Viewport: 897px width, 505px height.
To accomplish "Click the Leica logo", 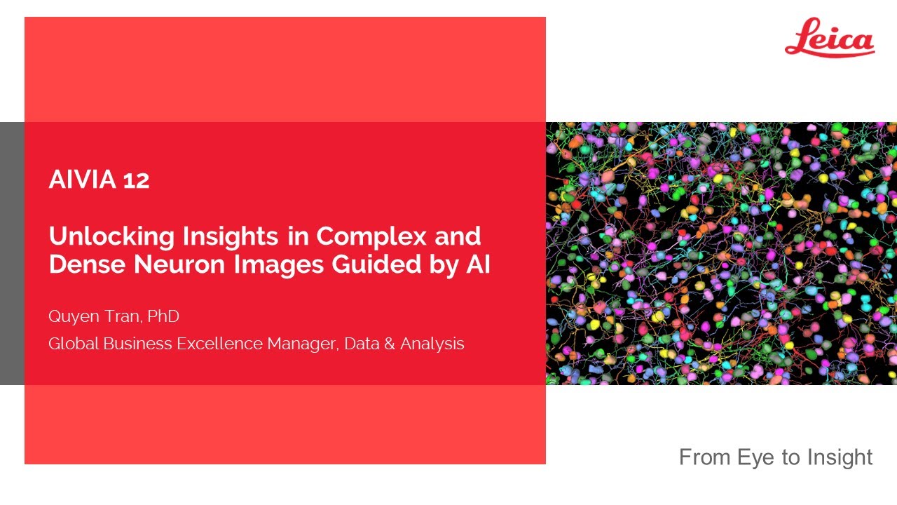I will tap(830, 39).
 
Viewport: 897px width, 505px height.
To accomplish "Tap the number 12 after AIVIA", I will tap(136, 181).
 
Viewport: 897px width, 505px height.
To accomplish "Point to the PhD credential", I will tap(164, 316).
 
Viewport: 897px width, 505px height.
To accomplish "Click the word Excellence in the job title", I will tap(217, 344).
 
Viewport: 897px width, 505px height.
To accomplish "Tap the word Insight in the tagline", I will tap(840, 457).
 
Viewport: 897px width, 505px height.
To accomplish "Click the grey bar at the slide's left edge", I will tap(12, 253).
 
